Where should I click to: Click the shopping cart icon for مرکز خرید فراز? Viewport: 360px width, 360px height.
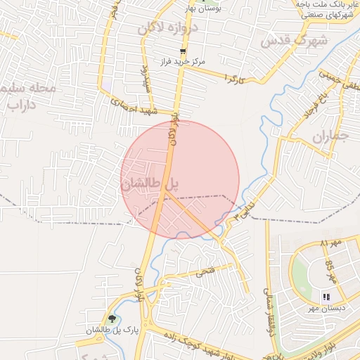click(x=184, y=51)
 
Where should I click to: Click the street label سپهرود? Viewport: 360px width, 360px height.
click(x=148, y=79)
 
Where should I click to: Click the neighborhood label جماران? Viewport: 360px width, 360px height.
click(x=328, y=135)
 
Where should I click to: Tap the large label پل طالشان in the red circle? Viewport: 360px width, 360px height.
click(x=150, y=185)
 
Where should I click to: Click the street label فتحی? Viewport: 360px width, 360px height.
click(x=212, y=269)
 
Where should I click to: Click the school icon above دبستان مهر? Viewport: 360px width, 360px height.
click(x=326, y=297)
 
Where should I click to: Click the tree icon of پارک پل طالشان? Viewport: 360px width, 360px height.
click(x=112, y=319)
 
